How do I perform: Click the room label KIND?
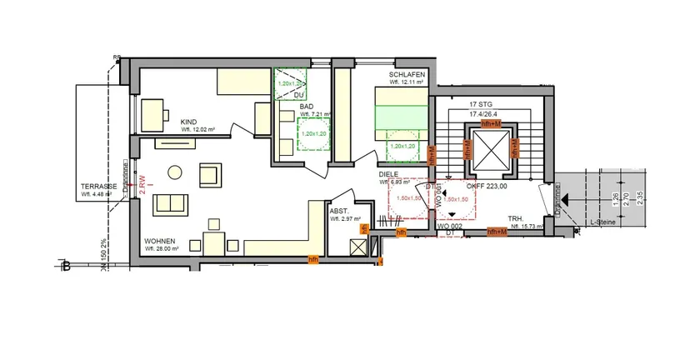click(x=189, y=122)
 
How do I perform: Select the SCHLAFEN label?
click(x=407, y=74)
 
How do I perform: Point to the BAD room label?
click(x=307, y=107)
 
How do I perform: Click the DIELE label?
click(x=388, y=174)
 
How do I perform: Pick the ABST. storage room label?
click(x=339, y=212)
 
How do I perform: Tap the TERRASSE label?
click(x=97, y=186)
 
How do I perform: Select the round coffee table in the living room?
click(x=175, y=172)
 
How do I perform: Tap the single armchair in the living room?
click(x=208, y=176)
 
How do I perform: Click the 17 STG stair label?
click(x=478, y=104)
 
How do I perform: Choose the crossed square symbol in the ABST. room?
click(x=358, y=247)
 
